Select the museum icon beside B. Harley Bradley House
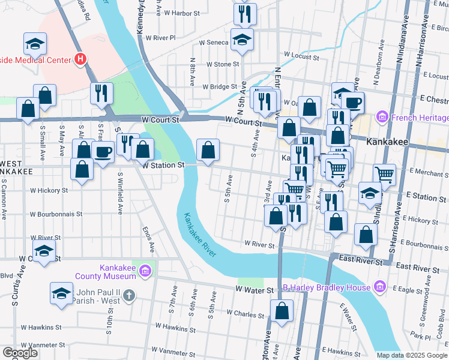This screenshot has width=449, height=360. (x=379, y=287)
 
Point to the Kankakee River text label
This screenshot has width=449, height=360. (x=199, y=235)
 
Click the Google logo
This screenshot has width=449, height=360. (x=20, y=353)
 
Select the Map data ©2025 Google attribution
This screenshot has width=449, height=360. (x=412, y=355)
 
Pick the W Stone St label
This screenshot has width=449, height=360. (x=222, y=64)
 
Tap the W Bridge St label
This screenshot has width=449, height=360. (x=220, y=87)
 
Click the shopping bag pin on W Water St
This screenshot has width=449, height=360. (x=282, y=311)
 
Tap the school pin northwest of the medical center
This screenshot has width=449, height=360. (x=35, y=44)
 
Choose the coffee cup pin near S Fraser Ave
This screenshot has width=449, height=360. (x=102, y=152)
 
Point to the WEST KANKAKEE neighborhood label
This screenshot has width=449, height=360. (x=16, y=167)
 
